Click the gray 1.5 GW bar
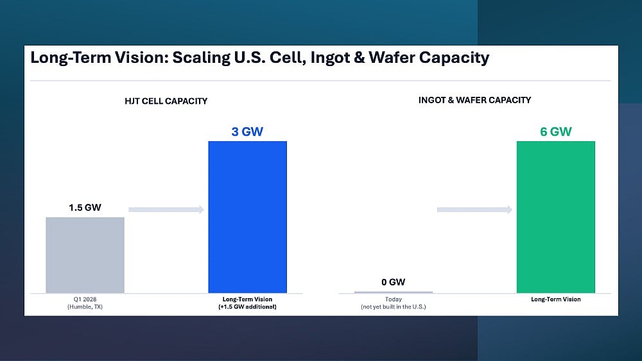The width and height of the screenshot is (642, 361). point(85,255)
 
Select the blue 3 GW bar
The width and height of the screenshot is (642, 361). point(247,217)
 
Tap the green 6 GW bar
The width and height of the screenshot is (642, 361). point(555,217)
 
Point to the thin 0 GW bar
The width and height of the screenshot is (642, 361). point(393,292)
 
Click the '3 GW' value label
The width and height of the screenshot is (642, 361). point(247,131)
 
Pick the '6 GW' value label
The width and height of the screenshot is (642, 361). point(555,131)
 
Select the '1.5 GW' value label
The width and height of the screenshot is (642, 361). point(85,208)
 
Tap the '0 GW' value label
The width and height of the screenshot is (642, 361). point(393,282)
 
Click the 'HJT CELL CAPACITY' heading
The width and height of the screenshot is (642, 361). point(166,101)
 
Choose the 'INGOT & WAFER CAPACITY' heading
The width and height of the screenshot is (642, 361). point(474,100)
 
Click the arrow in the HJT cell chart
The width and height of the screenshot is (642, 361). point(166,210)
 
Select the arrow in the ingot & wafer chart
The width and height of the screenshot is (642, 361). point(474,210)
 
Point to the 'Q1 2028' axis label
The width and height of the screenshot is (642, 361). point(85,299)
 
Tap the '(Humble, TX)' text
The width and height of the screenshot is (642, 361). point(85,306)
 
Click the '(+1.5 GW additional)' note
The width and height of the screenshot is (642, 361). point(247,306)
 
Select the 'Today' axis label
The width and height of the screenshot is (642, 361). point(393,299)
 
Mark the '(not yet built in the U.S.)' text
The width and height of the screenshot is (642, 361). point(393,306)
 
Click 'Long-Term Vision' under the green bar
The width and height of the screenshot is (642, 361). point(555,299)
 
